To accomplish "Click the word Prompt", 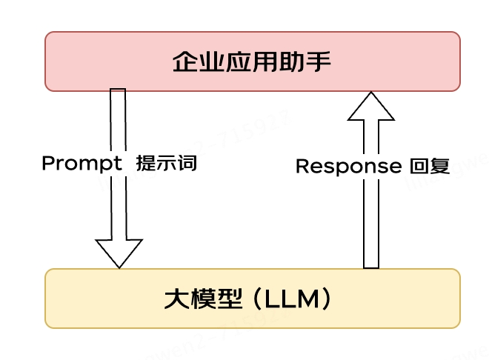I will tap(81, 164).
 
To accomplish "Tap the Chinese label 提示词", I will tap(166, 164).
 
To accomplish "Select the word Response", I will tap(347, 167).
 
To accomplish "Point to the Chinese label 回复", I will tap(430, 167).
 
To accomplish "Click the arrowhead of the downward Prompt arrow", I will tap(119, 253).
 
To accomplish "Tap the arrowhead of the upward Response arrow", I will tap(371, 107).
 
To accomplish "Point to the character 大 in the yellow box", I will tap(176, 299).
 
